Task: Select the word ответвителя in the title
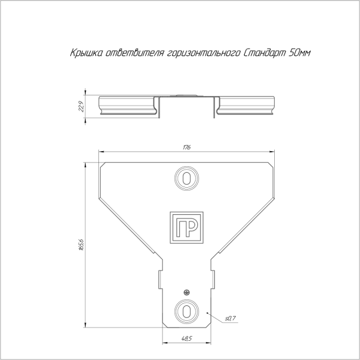pos(135,53)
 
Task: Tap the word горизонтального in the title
pos(203,53)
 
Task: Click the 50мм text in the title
pos(300,53)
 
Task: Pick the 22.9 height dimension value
pos(82,106)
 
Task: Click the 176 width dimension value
pos(187,147)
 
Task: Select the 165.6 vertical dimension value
pos(81,245)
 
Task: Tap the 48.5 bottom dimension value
pos(187,338)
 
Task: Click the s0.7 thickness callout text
pos(230,319)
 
